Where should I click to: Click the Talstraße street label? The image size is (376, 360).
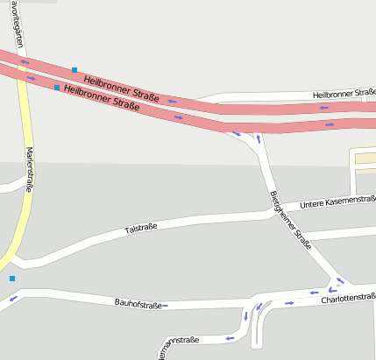click(x=141, y=229)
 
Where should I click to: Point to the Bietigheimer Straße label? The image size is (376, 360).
click(x=291, y=220)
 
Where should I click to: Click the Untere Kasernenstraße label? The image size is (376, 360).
click(x=337, y=202)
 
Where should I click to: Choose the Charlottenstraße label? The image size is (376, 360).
click(x=348, y=298)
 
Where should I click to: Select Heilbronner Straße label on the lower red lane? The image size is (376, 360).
click(x=103, y=96)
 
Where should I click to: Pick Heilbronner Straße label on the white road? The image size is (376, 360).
click(x=344, y=93)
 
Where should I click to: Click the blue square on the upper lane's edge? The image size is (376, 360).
click(x=74, y=70)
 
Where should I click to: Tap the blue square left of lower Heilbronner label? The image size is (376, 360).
click(x=57, y=88)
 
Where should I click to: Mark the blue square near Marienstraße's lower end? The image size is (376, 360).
click(x=12, y=279)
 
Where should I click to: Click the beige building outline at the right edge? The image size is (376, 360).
click(x=363, y=162)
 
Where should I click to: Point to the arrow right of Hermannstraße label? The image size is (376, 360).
click(x=231, y=337)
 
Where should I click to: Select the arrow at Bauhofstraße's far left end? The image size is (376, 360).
click(x=13, y=299)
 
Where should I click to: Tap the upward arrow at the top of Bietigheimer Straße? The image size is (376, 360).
click(x=258, y=138)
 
